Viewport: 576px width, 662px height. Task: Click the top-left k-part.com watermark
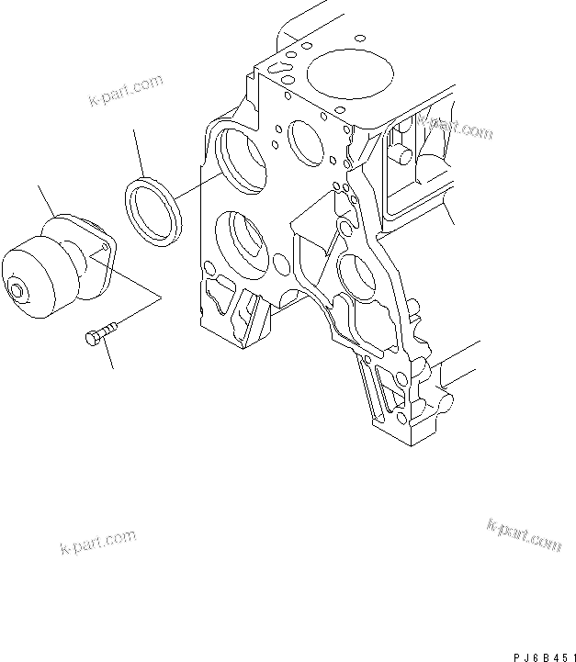point(126,91)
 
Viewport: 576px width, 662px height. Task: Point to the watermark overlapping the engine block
point(454,125)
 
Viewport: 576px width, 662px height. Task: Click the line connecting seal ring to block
point(198,187)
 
